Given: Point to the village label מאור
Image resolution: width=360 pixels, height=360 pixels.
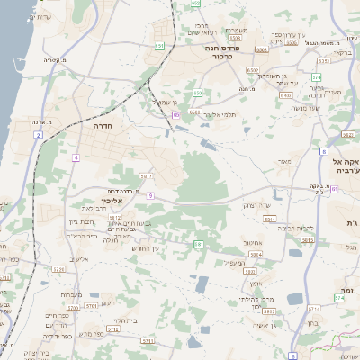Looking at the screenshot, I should click(285, 162).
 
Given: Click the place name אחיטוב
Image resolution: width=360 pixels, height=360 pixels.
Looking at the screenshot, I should click(252, 241).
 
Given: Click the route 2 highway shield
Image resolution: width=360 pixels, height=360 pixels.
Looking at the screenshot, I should click(39, 134).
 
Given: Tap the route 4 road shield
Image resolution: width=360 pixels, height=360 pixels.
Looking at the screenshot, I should click(76, 157).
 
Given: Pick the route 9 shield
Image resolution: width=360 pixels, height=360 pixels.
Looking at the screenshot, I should click(150, 195).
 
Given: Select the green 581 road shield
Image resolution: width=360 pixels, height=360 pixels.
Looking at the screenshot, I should click(198, 244).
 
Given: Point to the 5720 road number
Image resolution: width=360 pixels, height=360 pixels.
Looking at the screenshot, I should click(59, 269).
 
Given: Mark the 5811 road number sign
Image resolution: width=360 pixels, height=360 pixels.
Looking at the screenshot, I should click(268, 219).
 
